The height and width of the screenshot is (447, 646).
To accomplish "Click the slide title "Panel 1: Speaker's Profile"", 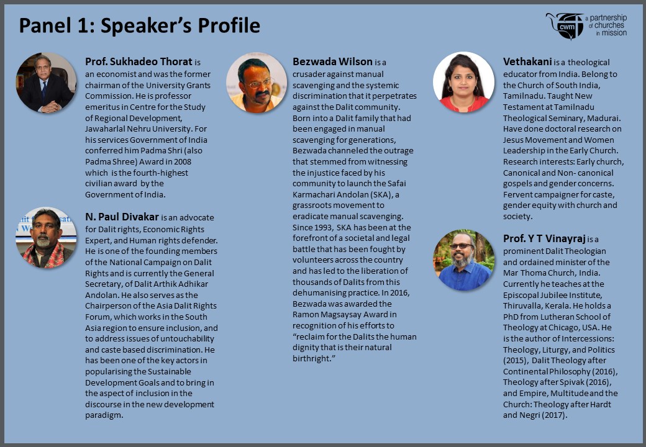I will (139, 25).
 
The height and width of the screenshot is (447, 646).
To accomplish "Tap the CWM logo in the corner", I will (586, 26).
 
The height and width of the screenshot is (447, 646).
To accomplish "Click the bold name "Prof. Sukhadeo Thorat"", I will (139, 62).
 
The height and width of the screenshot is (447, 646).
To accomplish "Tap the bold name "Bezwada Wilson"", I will (332, 62).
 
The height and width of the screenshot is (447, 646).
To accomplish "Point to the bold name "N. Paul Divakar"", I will (122, 217).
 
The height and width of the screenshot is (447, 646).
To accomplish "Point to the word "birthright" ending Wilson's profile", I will (311, 359).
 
